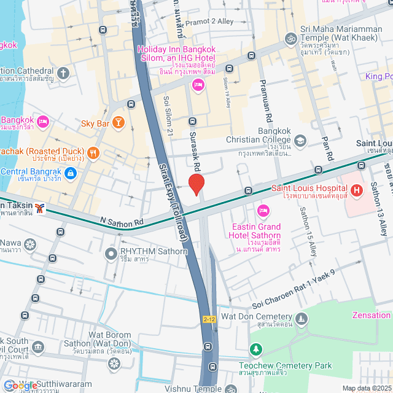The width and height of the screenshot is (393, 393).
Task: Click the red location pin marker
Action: [x=196, y=185]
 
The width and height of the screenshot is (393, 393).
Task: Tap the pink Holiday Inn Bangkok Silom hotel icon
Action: [x=198, y=85]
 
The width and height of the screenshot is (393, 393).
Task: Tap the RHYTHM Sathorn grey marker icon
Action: [x=111, y=252]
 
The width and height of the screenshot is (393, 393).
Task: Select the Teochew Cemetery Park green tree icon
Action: [x=255, y=349]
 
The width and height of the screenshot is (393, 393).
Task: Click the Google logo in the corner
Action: [x=20, y=385]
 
